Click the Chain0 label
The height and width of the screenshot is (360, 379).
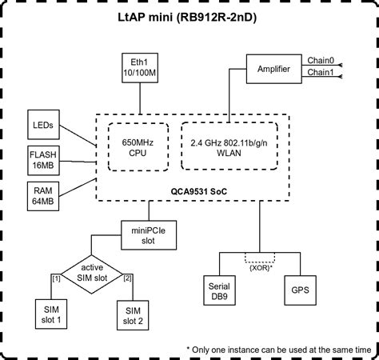321,61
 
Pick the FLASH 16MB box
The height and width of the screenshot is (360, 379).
41,158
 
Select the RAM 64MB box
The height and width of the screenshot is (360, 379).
41,194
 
